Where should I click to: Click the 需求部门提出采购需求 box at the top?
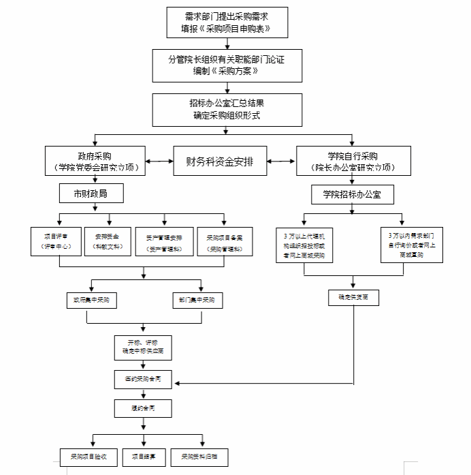tap(227, 22)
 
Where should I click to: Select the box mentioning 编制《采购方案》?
tap(226, 65)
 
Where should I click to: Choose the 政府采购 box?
tap(95, 162)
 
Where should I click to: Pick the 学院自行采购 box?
tap(352, 162)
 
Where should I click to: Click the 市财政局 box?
tap(91, 194)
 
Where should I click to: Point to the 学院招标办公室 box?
tap(352, 194)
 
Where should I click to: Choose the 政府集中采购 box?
tap(91, 300)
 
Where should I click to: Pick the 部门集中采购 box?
tap(198, 300)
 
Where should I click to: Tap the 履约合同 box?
tap(142, 409)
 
